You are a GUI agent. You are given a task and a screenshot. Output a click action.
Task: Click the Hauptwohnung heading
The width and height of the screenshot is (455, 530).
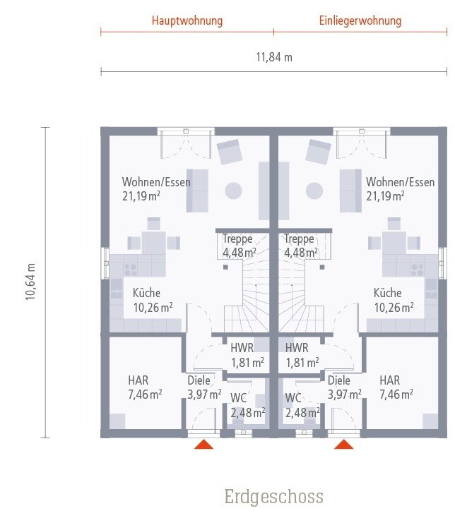187,20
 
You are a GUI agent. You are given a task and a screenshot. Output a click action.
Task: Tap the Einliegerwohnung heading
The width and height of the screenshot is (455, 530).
360,20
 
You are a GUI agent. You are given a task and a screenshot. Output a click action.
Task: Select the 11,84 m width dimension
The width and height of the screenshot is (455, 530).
274,57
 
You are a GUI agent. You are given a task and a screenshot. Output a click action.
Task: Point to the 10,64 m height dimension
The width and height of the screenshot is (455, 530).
30,281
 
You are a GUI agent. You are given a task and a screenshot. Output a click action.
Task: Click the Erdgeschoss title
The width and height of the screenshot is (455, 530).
274,497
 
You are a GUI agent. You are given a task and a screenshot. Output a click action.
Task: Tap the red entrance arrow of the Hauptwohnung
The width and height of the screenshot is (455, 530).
203,444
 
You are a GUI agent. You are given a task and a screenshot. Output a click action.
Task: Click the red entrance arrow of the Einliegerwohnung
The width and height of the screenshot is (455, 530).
343,444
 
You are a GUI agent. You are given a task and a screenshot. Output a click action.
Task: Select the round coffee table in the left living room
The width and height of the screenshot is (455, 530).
233,191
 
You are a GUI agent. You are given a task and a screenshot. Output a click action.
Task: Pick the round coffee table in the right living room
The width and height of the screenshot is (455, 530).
314,191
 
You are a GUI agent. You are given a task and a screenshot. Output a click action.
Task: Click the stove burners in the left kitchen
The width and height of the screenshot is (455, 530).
131,270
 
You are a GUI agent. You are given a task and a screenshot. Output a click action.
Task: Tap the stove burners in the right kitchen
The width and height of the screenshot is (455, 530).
417,270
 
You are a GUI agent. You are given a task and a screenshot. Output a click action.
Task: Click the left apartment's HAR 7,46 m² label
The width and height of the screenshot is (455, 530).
145,387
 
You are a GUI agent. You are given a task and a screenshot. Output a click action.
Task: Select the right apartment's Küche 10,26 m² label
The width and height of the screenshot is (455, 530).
394,300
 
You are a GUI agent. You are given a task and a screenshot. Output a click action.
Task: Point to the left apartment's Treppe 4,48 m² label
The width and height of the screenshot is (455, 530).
240,246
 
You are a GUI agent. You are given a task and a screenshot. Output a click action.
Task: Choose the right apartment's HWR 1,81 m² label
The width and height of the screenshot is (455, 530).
302,355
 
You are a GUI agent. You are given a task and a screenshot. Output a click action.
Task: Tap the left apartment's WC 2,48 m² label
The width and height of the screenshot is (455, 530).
247,405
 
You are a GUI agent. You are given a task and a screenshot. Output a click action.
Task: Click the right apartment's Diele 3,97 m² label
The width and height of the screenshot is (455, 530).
344,387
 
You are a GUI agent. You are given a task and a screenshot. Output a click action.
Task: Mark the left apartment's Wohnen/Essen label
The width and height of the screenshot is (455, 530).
156,182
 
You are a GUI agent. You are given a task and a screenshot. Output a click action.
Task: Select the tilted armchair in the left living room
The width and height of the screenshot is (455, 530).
230,152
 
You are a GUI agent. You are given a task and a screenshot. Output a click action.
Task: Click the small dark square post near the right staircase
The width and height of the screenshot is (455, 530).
322,267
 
